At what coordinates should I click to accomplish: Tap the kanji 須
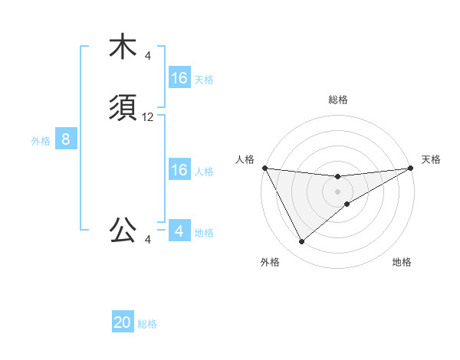[x=123, y=109]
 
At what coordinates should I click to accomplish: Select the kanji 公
[x=123, y=229]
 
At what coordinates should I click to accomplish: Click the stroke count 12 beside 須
[x=148, y=117]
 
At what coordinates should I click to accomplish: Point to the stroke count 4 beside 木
[x=148, y=56]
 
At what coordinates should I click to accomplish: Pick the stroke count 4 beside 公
[x=148, y=240]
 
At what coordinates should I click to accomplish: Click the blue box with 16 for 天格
[x=179, y=78]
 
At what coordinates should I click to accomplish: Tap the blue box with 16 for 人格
[x=179, y=170]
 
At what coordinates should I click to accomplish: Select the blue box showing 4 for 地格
[x=179, y=231]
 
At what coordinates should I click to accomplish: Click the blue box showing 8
[x=66, y=139]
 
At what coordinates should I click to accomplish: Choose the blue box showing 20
[x=123, y=322]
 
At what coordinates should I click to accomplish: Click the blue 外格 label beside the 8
[x=41, y=141]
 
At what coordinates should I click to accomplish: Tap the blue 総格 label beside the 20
[x=147, y=324]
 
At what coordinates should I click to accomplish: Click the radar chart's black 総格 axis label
[x=338, y=100]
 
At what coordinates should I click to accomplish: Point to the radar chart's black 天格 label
[x=432, y=159]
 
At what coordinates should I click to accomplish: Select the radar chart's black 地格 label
[x=402, y=263]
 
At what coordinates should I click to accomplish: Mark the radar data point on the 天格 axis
[x=411, y=168]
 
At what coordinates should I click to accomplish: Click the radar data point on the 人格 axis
[x=264, y=168]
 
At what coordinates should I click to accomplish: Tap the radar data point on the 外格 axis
[x=301, y=242]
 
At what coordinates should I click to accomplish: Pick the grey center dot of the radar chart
[x=338, y=191]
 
